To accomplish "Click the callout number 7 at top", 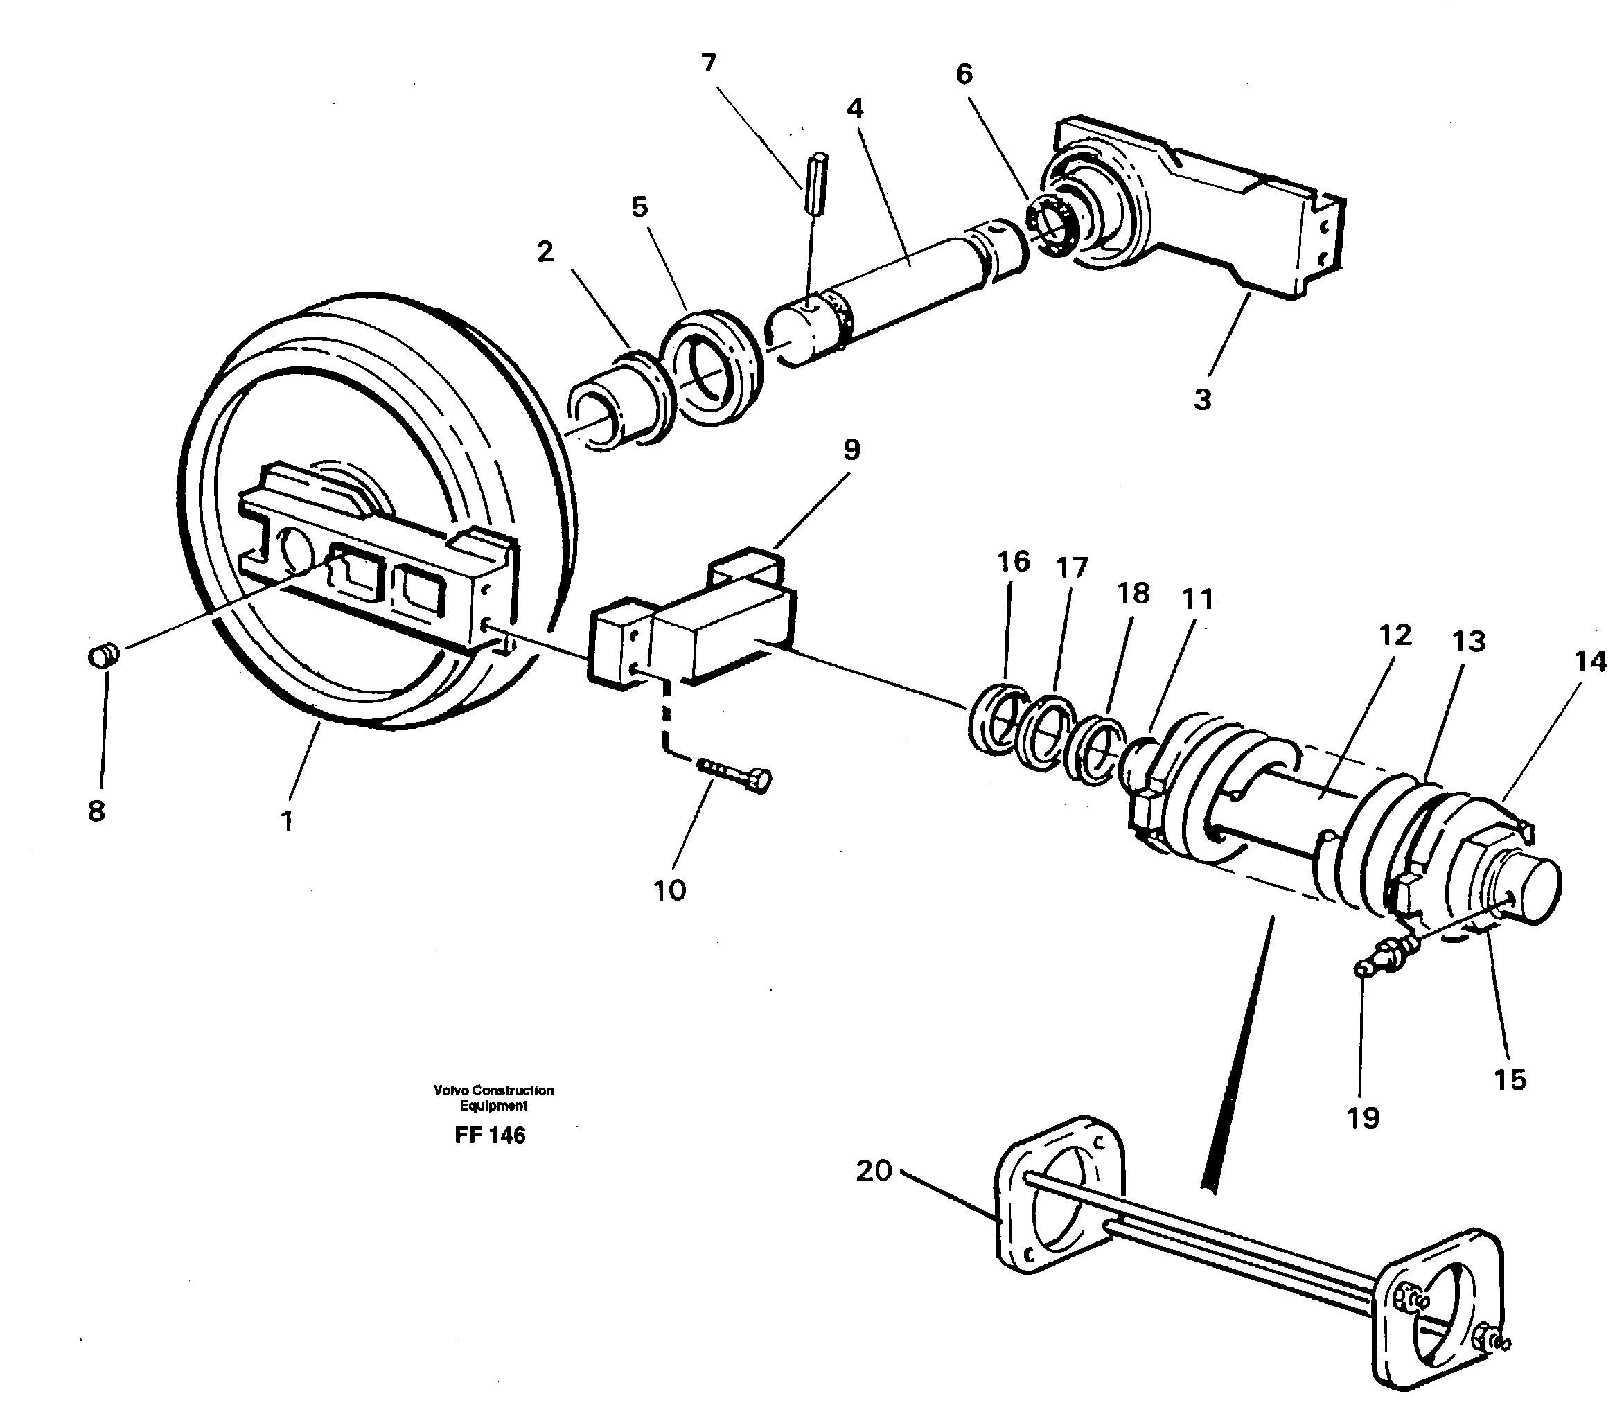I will pyautogui.click(x=709, y=63).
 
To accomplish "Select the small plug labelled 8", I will pyautogui.click(x=102, y=655).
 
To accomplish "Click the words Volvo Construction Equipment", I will pyautogui.click(x=493, y=1097).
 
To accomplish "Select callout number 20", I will pyautogui.click(x=874, y=1171).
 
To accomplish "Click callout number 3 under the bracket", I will pyautogui.click(x=1202, y=399).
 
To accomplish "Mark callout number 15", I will pyautogui.click(x=1510, y=1079).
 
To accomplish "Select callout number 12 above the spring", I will pyautogui.click(x=1395, y=635).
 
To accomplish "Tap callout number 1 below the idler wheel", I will pyautogui.click(x=287, y=821).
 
